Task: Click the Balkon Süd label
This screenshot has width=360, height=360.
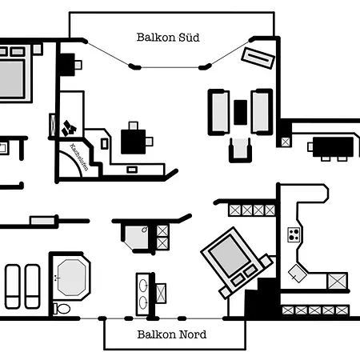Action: point(168,38)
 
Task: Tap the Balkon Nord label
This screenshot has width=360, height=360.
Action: point(172,334)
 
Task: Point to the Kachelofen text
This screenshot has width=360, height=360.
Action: point(79,157)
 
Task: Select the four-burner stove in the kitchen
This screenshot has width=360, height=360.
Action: point(294,234)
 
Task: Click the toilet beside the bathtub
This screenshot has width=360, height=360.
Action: point(62,309)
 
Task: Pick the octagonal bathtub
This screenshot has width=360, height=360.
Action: point(71,278)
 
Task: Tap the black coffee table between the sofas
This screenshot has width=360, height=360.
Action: point(240,112)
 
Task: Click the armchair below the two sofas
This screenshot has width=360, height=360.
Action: point(240,150)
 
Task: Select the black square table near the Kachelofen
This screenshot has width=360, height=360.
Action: point(134,142)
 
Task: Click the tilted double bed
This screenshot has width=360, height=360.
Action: point(237,262)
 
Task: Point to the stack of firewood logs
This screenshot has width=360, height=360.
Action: point(69,128)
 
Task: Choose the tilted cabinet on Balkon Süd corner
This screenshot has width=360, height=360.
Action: point(258,58)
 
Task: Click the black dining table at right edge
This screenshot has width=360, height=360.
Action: point(333,147)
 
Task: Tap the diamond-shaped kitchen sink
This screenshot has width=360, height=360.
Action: point(298,274)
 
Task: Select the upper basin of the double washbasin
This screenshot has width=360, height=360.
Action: point(143,286)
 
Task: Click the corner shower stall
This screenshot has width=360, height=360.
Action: point(137,238)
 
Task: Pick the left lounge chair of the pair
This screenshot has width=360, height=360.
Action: point(13,286)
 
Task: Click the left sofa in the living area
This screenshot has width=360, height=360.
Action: point(218,112)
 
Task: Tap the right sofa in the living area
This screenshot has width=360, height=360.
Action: point(262,112)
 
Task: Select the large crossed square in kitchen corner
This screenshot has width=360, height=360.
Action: point(338,281)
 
